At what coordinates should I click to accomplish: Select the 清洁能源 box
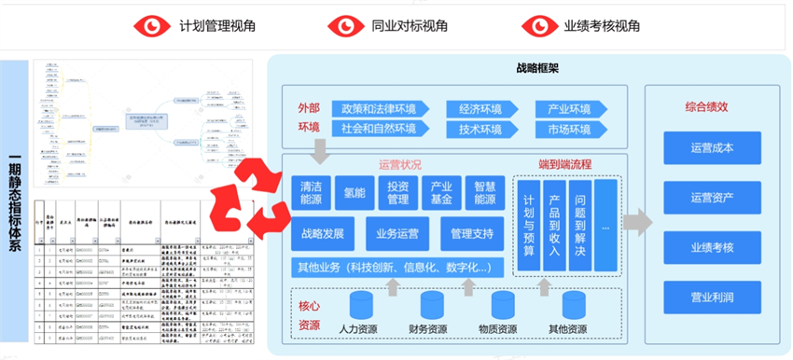point(309,192)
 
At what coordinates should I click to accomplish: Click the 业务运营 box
point(397,233)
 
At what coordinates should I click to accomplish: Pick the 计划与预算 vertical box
point(528,225)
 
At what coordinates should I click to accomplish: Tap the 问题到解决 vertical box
point(580,225)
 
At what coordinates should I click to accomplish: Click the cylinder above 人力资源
point(359,305)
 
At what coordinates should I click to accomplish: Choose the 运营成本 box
point(713,147)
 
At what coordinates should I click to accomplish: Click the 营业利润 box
point(713,297)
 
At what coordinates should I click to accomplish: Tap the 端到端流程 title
point(565,165)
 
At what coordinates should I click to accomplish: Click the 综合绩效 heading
point(713,105)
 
